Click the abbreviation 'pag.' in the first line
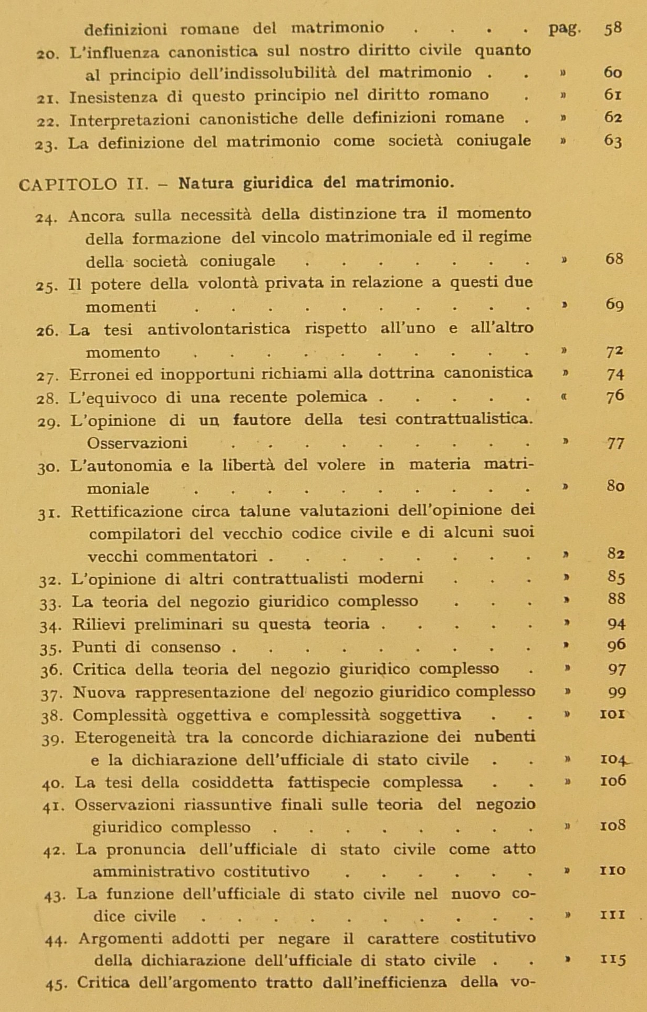(x=565, y=28)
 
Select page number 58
(x=613, y=28)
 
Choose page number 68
(x=614, y=259)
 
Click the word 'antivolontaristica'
(x=218, y=329)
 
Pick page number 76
(x=615, y=397)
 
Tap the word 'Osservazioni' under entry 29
(x=137, y=443)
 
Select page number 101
(x=612, y=714)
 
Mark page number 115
(x=613, y=960)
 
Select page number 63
(x=613, y=141)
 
